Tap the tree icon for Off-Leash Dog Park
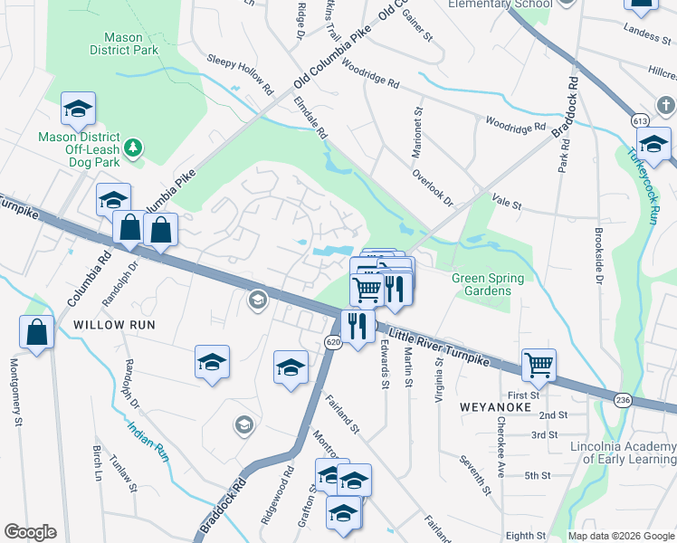tap(134, 147)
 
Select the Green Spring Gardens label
tap(489, 283)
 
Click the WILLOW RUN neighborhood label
tap(115, 324)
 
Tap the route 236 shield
tap(624, 401)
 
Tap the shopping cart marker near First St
tap(539, 365)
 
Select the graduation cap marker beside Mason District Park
tap(79, 109)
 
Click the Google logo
tap(30, 532)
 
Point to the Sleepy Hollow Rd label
tap(240, 73)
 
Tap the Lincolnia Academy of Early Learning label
tap(624, 452)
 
